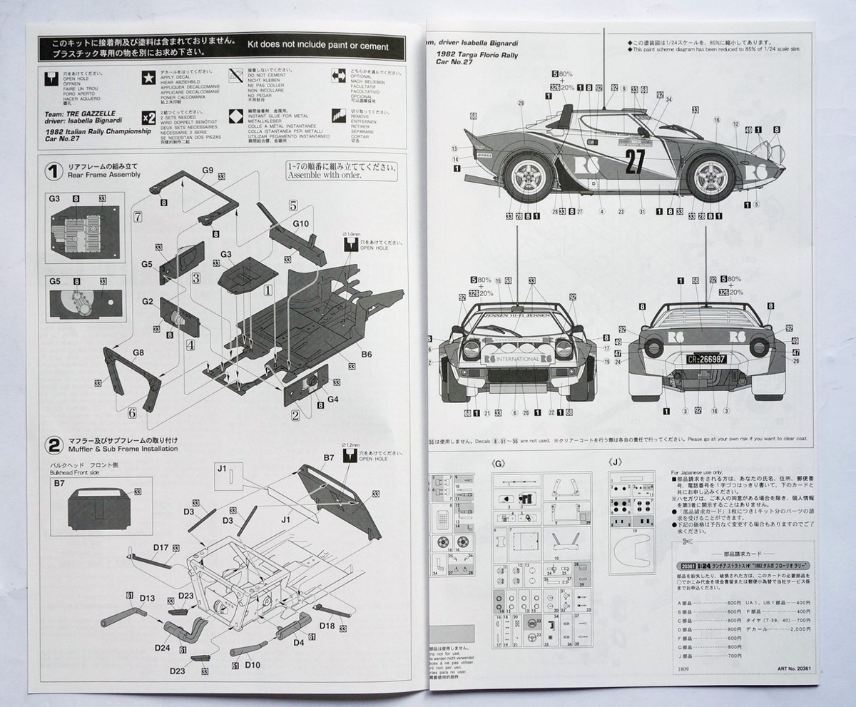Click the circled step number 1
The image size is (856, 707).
pos(53,171)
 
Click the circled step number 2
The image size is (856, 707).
pos(53,446)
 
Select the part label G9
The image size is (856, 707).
pos(208,170)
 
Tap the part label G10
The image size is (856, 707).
pos(300,223)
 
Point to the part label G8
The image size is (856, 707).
pos(138,352)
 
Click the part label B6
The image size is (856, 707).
pos(367,353)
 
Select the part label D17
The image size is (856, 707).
pos(160,548)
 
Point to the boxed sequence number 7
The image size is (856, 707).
pos(138,215)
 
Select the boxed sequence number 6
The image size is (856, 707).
pos(131,412)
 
